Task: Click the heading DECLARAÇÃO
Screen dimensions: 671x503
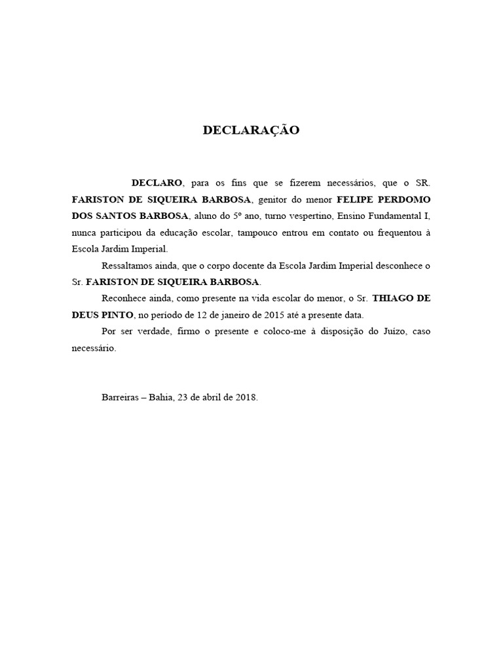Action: pos(251,130)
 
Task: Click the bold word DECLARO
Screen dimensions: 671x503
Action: pos(157,182)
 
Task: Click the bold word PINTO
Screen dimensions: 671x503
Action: pos(116,315)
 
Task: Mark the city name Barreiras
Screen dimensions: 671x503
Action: pos(121,398)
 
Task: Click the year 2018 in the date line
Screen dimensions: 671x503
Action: pos(246,398)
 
